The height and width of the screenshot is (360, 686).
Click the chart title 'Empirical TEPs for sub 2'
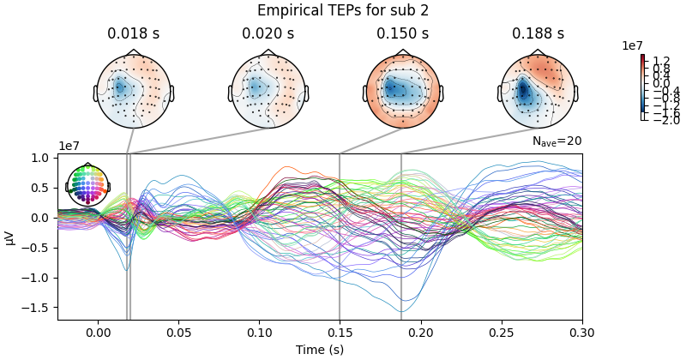pos(343,10)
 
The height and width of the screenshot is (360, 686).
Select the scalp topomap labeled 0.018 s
pos(133,90)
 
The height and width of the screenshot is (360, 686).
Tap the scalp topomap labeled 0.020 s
pos(268,90)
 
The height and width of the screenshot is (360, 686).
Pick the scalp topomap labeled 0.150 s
pos(403,90)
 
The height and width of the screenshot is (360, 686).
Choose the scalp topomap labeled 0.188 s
pos(538,90)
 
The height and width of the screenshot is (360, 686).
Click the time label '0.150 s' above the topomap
pos(403,34)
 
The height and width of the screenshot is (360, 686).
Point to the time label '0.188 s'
pos(538,34)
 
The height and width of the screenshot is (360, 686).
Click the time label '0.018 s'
pos(133,34)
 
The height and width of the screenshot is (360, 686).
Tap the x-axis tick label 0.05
pos(178,333)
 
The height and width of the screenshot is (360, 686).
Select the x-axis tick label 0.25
pos(502,333)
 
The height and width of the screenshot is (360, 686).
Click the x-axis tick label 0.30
pos(582,333)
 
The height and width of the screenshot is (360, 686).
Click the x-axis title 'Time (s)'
pos(320,349)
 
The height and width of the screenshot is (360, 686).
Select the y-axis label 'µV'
pos(10,237)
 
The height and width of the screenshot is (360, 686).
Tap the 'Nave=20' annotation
pos(557,141)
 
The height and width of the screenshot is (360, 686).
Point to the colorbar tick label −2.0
pos(665,120)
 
